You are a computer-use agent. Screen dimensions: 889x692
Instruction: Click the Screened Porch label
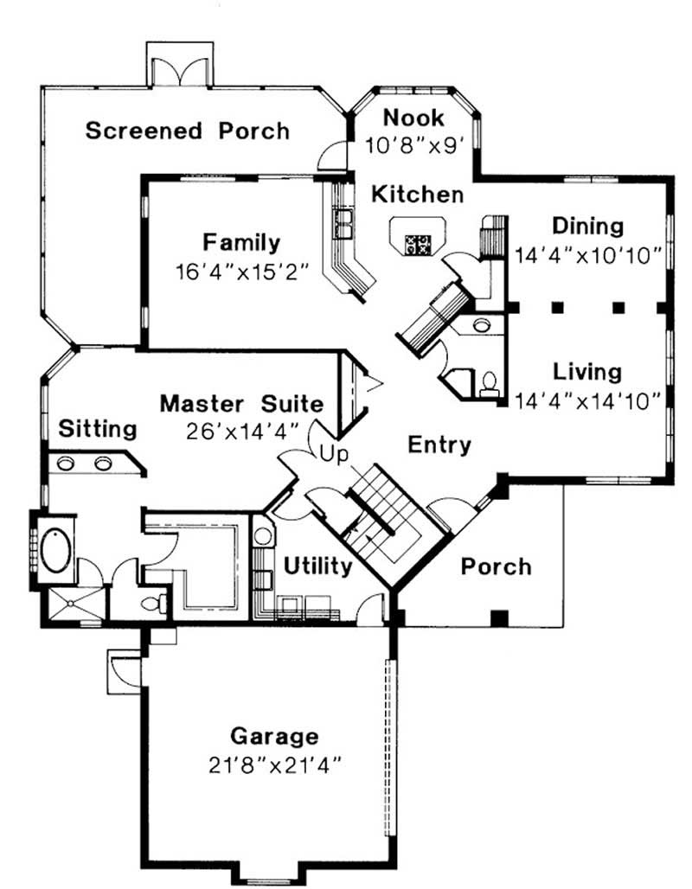188,131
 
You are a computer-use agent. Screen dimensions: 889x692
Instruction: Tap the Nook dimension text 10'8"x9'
413,144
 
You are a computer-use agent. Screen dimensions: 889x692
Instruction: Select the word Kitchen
417,195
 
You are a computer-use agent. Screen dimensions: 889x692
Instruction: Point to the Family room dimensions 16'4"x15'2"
241,270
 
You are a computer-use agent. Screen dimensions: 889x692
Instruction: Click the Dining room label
588,227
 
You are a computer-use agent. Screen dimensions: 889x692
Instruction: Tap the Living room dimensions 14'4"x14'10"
588,400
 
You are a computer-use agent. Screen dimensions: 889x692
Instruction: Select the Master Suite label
242,404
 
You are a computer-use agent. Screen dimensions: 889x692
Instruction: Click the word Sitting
98,429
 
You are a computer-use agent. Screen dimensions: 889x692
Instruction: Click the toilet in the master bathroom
154,603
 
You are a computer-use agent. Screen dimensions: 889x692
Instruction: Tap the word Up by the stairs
332,453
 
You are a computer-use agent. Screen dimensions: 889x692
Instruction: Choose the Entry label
439,445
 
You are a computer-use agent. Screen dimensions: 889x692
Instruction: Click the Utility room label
317,567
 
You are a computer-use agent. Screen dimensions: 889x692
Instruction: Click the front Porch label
495,567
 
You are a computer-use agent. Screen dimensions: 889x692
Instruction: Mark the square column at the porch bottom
497,617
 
